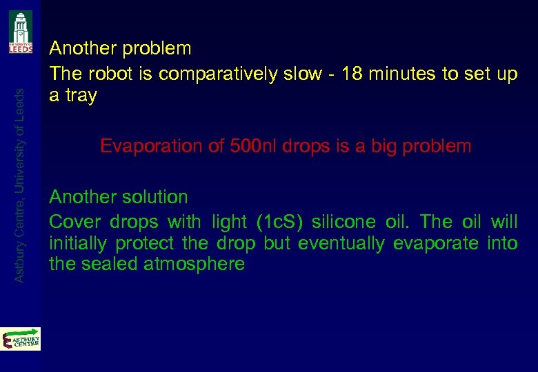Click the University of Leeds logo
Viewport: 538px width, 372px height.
[x=21, y=32]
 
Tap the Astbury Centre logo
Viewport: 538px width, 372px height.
[x=21, y=340]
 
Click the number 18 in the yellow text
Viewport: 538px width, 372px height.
[x=352, y=74]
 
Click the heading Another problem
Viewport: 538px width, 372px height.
[x=120, y=49]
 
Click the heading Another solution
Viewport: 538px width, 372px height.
[x=118, y=197]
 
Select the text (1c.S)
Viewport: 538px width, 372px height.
[x=279, y=222]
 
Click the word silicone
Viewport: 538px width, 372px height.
[x=343, y=222]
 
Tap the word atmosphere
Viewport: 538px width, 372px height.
[x=195, y=264]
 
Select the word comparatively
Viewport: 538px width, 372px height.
[x=213, y=74]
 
